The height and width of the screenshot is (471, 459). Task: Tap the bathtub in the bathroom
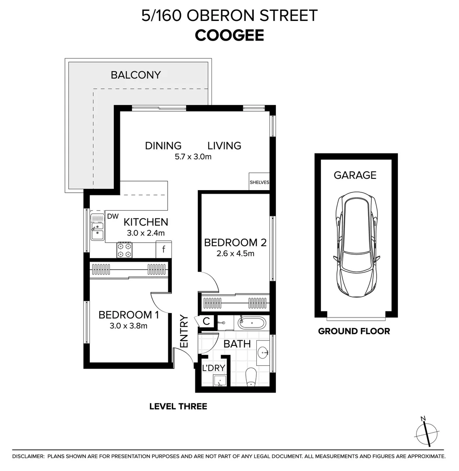click(252, 324)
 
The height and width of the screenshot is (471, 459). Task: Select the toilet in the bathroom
click(251, 377)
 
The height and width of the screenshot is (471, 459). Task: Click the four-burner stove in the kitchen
click(124, 250)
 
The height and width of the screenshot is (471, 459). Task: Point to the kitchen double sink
click(97, 227)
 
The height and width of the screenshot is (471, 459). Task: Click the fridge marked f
click(163, 249)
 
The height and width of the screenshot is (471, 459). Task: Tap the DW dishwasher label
click(112, 216)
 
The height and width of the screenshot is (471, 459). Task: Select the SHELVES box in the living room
click(259, 182)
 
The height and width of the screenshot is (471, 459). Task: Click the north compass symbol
click(425, 432)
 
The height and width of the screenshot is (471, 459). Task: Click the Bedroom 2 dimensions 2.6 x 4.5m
click(235, 253)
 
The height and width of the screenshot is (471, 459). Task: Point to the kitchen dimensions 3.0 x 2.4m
click(146, 233)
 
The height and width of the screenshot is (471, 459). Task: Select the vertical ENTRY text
click(184, 331)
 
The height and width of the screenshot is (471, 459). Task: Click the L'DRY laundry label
click(214, 368)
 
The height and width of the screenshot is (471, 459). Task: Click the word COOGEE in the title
click(229, 35)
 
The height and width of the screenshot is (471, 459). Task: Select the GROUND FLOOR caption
click(354, 331)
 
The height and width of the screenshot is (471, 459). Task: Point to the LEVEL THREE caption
click(178, 406)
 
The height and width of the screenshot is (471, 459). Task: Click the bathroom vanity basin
click(263, 352)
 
